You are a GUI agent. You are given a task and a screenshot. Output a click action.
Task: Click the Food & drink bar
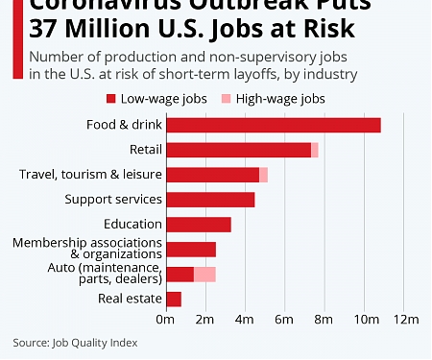click(274, 125)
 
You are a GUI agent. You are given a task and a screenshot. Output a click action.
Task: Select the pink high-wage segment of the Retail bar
click(315, 150)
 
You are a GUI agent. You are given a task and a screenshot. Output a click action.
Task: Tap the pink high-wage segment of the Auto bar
click(204, 275)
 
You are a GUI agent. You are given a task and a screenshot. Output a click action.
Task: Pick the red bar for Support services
click(210, 200)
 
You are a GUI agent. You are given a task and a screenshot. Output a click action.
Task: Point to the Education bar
click(199, 225)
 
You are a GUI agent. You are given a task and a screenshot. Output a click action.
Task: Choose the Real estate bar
click(174, 300)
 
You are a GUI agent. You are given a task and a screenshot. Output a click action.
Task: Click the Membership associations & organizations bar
click(191, 250)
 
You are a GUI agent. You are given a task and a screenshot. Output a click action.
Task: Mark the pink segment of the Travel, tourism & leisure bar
click(263, 175)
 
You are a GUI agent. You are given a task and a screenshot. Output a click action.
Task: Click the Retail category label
click(144, 150)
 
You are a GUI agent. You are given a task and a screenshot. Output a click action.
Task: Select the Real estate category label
click(130, 300)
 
